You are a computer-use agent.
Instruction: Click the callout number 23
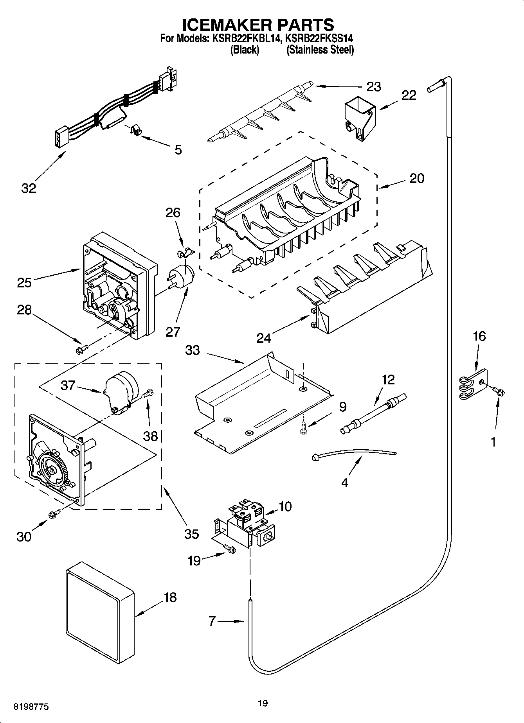373,86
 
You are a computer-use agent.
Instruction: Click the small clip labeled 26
184,252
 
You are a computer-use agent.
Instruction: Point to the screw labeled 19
229,549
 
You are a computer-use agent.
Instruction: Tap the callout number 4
344,483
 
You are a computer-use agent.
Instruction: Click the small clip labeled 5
135,130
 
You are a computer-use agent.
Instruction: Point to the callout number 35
191,534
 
